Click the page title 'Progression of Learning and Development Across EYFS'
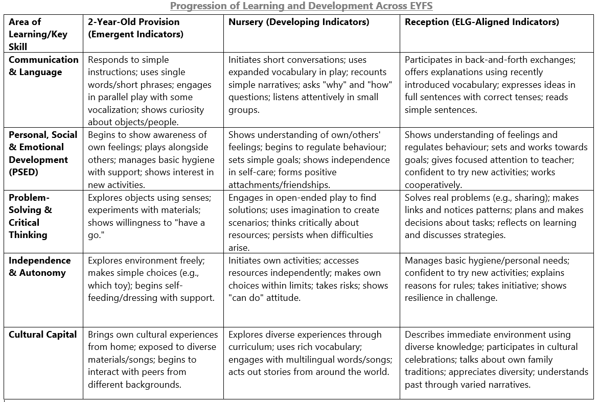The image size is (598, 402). coord(302,6)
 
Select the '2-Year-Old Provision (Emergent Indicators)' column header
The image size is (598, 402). coord(134,28)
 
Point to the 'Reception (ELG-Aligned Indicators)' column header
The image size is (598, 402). coord(481,22)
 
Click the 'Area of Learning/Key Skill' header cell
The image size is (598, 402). coord(32,34)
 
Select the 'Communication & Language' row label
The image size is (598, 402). coord(43,66)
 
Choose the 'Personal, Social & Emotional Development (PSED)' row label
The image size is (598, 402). coord(43,153)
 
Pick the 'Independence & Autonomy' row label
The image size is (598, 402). coord(39,266)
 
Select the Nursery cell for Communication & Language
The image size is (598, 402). coord(310,85)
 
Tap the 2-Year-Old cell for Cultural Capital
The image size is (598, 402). coord(152,360)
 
